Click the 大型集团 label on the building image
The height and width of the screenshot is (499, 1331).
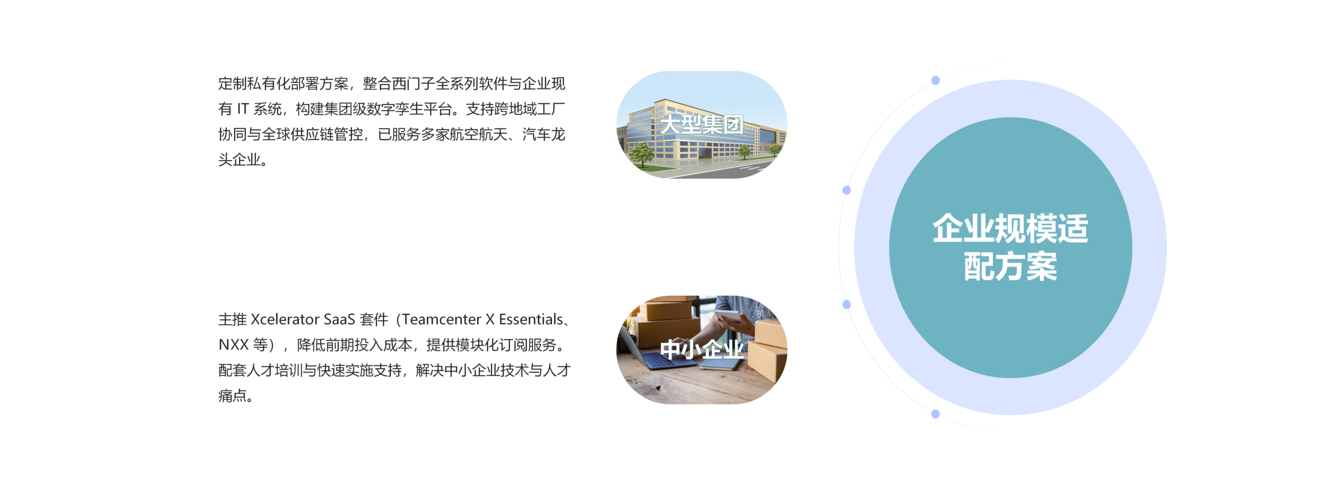click(x=701, y=125)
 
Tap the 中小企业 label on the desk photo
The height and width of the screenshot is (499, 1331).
click(x=701, y=349)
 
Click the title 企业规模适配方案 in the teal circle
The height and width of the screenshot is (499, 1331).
click(x=1010, y=247)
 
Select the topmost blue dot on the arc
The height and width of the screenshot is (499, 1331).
click(x=935, y=81)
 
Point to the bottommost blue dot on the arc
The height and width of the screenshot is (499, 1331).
click(x=935, y=414)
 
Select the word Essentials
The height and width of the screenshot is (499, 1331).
click(x=531, y=319)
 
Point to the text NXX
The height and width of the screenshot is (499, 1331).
click(x=233, y=345)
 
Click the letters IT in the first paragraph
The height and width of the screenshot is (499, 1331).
click(x=243, y=109)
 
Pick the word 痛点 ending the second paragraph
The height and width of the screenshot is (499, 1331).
click(x=232, y=396)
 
